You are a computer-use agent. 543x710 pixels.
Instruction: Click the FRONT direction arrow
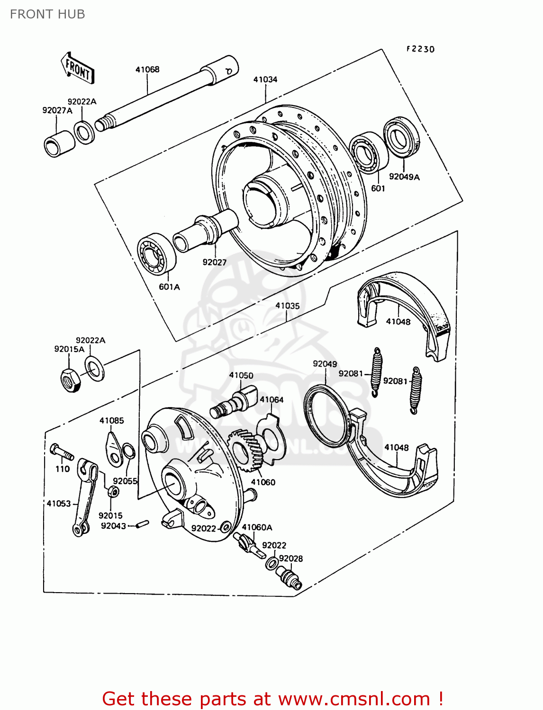(x=78, y=69)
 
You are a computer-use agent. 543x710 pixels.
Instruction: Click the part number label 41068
(x=147, y=70)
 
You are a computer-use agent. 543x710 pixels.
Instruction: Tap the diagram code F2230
(x=420, y=49)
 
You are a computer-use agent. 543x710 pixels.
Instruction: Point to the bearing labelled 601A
(x=156, y=254)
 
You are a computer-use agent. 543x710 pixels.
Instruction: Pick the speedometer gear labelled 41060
(x=245, y=450)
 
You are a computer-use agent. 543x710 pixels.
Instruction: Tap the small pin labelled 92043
(x=142, y=524)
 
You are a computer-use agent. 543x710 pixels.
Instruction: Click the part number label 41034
(x=265, y=80)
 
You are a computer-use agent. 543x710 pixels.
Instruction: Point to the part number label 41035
(x=288, y=306)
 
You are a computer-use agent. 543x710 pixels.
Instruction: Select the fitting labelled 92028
(x=290, y=578)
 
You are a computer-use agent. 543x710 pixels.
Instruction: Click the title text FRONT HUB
(x=47, y=14)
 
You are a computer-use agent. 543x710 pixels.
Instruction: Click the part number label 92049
(x=325, y=364)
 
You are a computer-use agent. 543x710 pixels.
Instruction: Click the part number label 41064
(x=271, y=399)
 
